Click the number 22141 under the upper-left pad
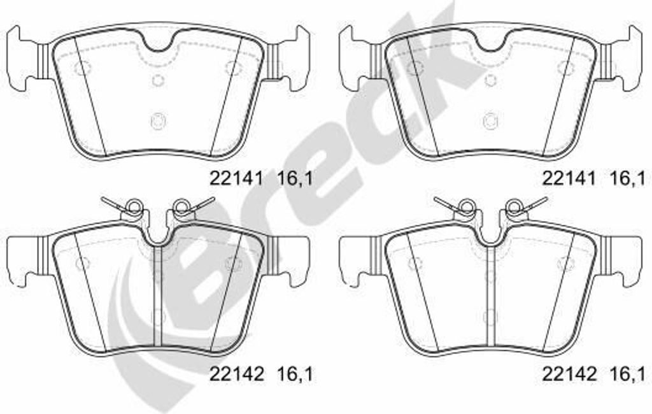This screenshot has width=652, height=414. coord(236,178)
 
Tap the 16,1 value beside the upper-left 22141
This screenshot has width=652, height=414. coord(295,178)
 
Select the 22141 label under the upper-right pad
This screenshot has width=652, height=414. coord(569,178)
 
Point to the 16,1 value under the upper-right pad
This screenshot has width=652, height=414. coord(627,178)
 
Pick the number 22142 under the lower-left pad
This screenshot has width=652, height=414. coord(236,374)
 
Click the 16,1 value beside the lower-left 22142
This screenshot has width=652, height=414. coord(295,374)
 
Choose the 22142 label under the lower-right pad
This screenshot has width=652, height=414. coord(569,374)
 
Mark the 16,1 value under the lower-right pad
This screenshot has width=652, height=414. coord(627,374)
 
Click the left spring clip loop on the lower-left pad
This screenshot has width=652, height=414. coord(134,205)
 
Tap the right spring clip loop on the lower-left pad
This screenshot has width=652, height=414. coord(181,205)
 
